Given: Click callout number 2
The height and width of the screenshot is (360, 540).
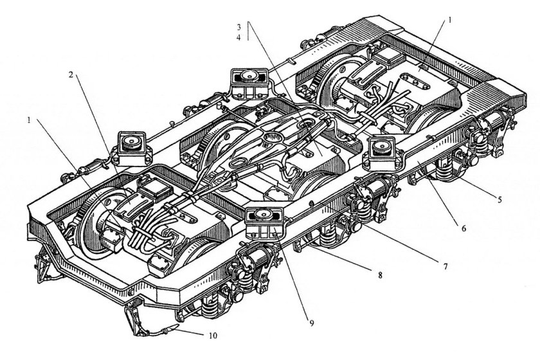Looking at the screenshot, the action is coord(71,75).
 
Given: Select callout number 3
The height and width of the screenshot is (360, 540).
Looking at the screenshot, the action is coord(239,27).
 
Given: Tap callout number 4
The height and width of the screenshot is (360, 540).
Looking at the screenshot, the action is coord(239,37).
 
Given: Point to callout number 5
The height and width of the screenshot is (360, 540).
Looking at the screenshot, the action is coord(500,199).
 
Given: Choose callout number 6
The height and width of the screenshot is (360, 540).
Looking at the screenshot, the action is coord(464,228).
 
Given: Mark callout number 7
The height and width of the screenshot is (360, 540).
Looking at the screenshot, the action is coord(445,266).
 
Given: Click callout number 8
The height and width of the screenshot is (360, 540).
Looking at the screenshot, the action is coord(380,275).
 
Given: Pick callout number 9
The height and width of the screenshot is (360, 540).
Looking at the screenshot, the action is coord(311,323).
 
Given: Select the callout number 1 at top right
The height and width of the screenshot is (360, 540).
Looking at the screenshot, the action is coord(449,20).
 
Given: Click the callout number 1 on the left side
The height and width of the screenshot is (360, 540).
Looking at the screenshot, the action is coord(30,120).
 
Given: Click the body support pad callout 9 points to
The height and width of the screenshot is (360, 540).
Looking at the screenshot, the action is coord(264,223).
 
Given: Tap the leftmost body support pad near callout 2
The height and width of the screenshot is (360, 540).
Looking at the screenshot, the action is coord(132,147).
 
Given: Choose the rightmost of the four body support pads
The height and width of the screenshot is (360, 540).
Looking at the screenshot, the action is coord(383,153).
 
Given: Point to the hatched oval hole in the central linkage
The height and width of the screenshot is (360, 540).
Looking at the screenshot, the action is coord(273,138).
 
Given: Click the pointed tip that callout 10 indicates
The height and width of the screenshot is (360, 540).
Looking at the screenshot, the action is coord(179,325).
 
